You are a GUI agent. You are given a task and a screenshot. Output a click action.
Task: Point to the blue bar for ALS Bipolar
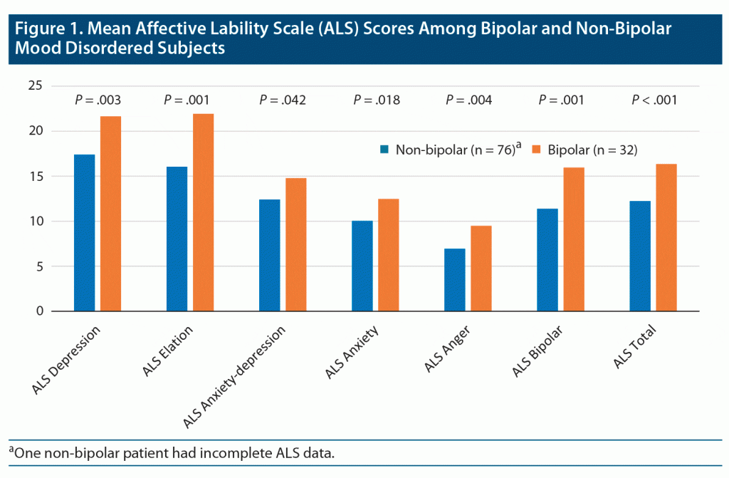click(547, 260)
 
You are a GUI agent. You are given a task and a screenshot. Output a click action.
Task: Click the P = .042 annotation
click(283, 100)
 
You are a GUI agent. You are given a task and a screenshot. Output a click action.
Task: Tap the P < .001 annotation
click(654, 100)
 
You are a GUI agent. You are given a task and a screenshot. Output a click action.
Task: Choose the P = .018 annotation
click(376, 100)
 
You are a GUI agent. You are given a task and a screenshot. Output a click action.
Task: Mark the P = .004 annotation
click(469, 100)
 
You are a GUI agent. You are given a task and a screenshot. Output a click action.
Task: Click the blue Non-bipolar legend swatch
click(384, 150)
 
